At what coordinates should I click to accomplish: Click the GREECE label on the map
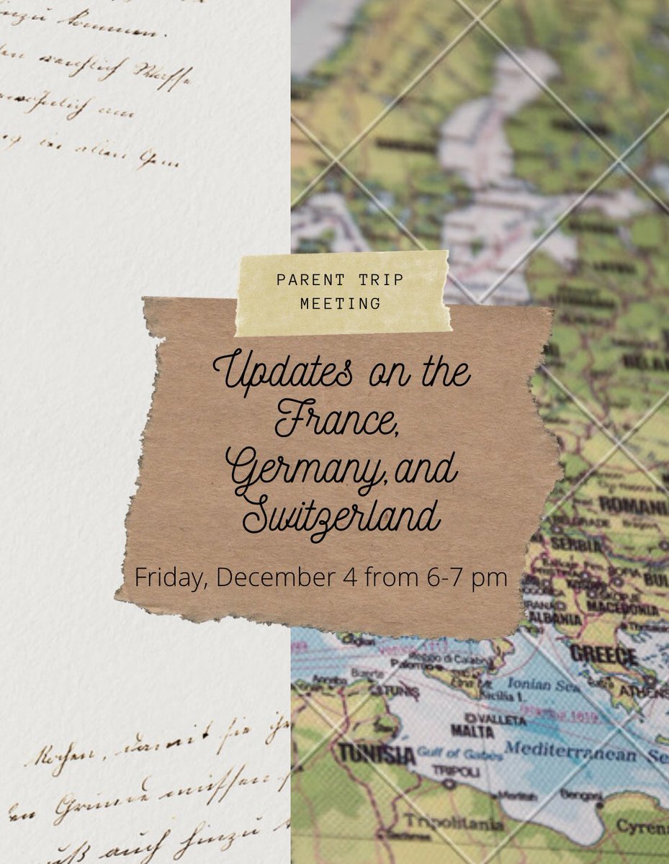[x=603, y=656]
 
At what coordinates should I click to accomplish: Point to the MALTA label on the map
[x=472, y=732]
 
